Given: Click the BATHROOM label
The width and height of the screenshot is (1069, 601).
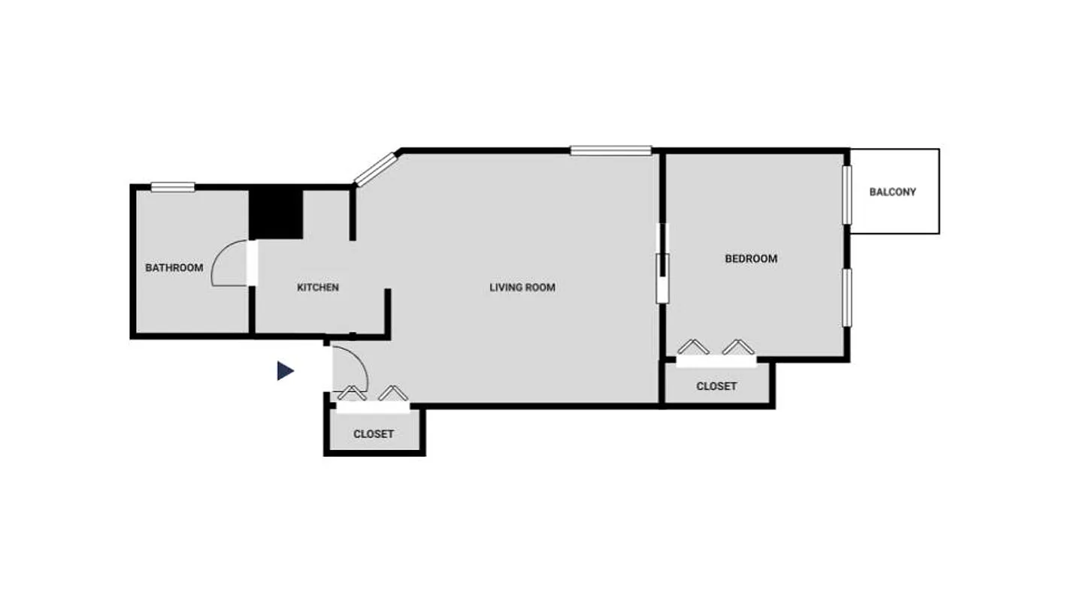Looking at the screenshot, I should point(174,267).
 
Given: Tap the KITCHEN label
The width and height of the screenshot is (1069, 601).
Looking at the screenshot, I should point(318,287).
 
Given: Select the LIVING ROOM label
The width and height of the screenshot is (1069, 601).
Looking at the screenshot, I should point(522,287).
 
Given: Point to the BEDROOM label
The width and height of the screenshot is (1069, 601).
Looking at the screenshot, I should point(751,258).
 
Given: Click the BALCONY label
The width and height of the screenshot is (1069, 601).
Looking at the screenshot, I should point(893,192).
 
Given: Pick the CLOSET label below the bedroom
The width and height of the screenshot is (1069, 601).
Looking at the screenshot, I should point(716,386).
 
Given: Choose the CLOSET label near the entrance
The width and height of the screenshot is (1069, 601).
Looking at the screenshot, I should point(374,434).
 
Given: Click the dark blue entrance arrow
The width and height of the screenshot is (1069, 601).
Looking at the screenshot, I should point(285,370).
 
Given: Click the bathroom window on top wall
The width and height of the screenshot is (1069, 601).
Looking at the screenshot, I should point(172,187).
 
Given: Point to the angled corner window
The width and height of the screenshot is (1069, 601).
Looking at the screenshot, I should point(375,169).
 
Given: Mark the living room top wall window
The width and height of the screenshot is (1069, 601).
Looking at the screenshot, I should point(610,150).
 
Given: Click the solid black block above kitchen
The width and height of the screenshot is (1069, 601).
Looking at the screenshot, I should point(276,213).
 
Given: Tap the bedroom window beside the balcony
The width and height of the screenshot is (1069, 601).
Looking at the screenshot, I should point(846,195).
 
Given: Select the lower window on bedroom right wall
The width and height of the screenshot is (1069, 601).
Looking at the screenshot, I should point(846,297).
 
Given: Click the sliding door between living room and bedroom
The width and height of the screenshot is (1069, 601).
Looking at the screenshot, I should point(662,263).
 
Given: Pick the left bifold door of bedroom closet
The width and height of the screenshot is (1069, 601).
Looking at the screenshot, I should point(693,347).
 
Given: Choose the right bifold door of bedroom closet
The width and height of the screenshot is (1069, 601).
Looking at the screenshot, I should point(738,347).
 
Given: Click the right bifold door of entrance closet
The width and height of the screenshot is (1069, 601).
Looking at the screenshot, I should point(393,393).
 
